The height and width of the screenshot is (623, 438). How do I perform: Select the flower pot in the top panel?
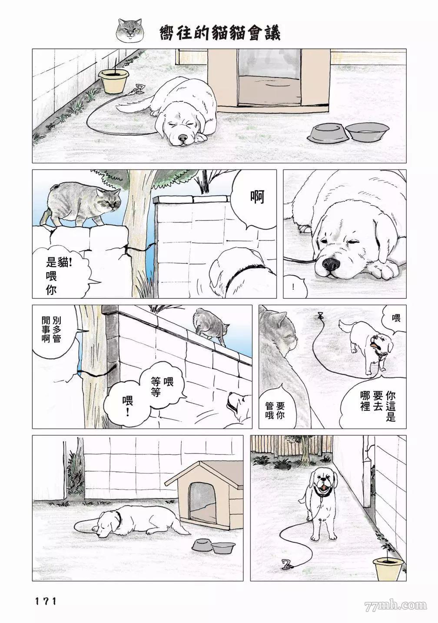[113, 81]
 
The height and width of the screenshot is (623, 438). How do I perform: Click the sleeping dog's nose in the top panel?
[183, 138]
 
